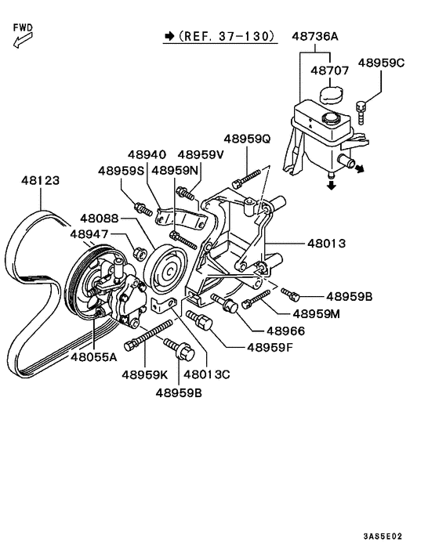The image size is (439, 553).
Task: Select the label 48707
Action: tap(328, 70)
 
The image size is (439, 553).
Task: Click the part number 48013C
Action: tap(203, 374)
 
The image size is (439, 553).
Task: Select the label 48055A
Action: tap(93, 356)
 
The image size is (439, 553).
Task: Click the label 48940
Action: tap(147, 155)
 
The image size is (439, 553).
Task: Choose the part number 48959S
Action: tap(122, 170)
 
